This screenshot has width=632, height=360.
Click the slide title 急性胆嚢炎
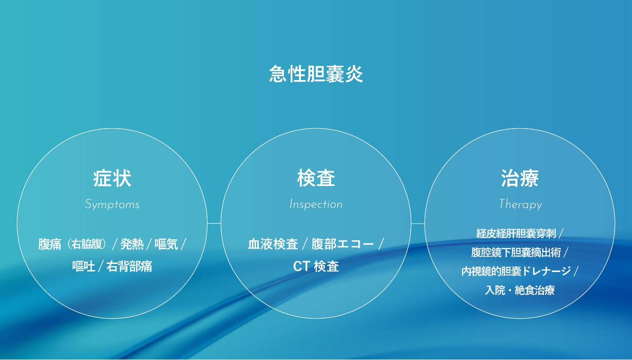pos(316,74)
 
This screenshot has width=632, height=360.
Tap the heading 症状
pos(112,178)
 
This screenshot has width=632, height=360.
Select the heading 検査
pos(316,178)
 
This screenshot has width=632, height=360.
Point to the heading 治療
pos(520,178)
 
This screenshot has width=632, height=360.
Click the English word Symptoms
pos(112,204)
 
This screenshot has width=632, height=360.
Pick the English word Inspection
pos(316,204)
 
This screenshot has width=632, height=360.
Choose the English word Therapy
pos(520,204)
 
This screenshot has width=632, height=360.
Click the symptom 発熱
pos(132,244)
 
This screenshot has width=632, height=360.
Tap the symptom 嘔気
pos(166,244)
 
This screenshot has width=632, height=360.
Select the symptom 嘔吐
pos(84,267)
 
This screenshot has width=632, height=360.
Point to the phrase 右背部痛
pos(129,267)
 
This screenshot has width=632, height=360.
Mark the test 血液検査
pos(273,244)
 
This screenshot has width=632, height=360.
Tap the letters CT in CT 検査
pos(302,267)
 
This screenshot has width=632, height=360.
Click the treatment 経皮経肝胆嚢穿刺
pos(516,234)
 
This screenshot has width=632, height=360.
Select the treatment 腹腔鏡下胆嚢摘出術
pos(516,252)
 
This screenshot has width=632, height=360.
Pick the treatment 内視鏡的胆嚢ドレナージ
pos(516,271)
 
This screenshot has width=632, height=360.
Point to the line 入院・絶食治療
pos(520,290)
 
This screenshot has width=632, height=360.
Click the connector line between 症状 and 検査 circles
pos(214,223)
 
